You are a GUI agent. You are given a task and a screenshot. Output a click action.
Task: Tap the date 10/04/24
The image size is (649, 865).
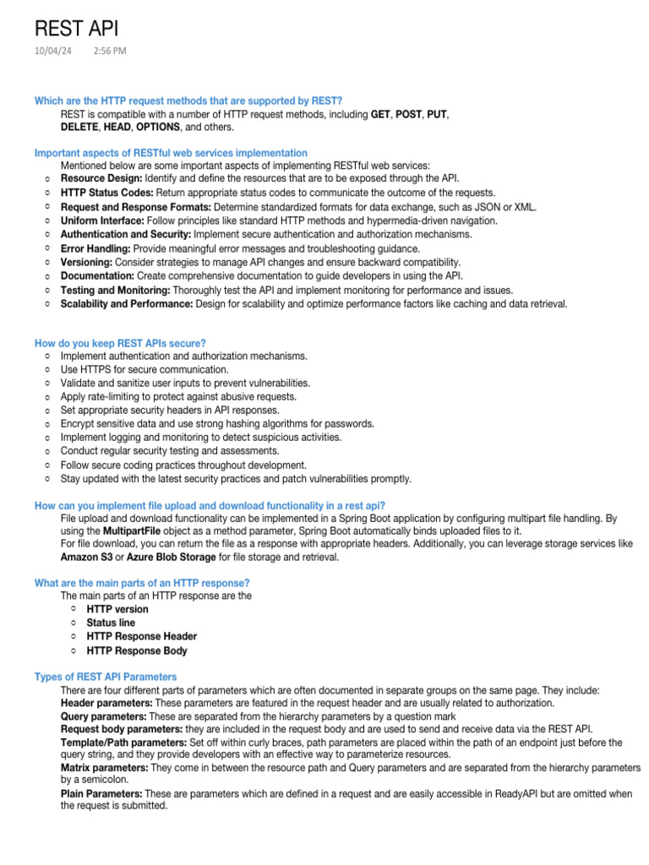coord(52,52)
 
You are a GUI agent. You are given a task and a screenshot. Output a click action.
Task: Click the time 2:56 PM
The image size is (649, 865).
coord(110,52)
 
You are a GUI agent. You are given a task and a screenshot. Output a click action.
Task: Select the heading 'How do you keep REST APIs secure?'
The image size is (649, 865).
coord(120,342)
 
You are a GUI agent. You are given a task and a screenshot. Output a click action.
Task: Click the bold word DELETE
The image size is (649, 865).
coord(79,127)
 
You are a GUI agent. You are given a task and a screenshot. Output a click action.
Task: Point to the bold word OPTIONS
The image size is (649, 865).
coord(158,127)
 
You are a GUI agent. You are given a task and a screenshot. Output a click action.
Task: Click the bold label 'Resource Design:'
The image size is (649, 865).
coord(101,179)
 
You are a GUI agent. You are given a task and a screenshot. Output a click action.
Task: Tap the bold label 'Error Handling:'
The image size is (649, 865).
coord(95,248)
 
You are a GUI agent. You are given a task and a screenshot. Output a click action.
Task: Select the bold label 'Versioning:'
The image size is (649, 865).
coord(86,262)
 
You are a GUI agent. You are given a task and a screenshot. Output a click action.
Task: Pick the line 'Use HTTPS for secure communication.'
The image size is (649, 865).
coord(144,370)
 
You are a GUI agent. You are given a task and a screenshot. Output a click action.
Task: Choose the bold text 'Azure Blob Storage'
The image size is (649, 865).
coord(166,558)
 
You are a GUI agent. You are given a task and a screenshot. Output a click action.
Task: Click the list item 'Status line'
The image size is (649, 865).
coord(111,623)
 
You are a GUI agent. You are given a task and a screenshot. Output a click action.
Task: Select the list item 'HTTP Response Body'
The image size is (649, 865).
coord(137,650)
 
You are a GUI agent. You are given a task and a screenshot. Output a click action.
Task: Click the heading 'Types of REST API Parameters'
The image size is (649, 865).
coord(106,677)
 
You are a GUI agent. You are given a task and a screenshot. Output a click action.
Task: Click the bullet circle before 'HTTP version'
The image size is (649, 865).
coord(74,608)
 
